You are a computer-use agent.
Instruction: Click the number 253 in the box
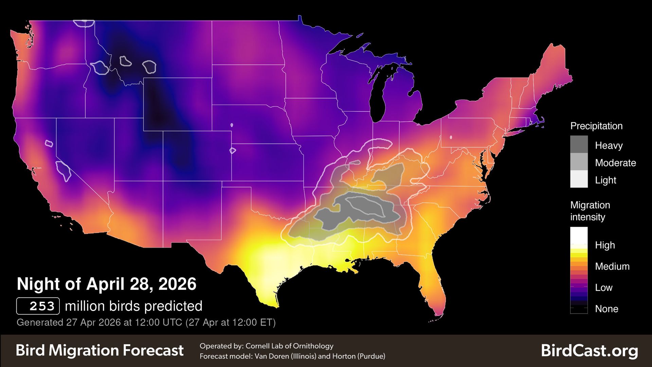coord(42,306)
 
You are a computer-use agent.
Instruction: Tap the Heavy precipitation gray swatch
coord(579,144)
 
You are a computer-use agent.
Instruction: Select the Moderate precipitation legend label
coord(615,163)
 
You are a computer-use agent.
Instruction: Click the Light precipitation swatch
coord(579,179)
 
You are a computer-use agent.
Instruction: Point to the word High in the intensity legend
coord(604,245)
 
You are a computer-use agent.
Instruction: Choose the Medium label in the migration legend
coord(612,266)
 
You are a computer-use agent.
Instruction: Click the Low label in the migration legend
coord(603,287)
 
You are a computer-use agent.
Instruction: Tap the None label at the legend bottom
coord(606,309)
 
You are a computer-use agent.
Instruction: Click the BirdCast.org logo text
coord(589,351)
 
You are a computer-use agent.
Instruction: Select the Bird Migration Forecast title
coord(99,350)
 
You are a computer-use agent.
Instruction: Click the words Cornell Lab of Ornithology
coord(289,346)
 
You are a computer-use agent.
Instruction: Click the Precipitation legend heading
coord(596,126)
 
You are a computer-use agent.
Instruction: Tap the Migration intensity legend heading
coord(590,211)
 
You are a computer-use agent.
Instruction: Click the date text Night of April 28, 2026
coord(106,284)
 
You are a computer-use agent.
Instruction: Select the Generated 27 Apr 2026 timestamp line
coord(146,322)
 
